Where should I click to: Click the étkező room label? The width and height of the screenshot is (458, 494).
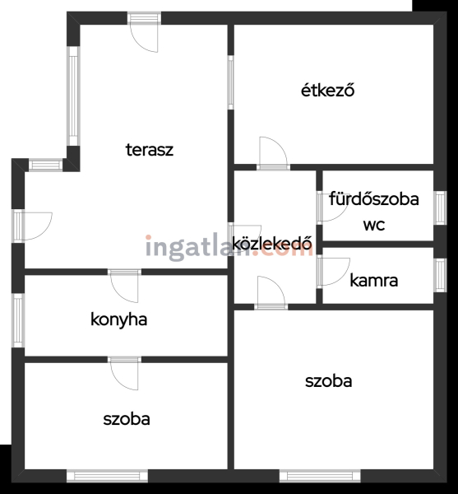pyautogui.click(x=327, y=91)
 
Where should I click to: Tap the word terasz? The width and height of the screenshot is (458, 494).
pyautogui.click(x=150, y=150)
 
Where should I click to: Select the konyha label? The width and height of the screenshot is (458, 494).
pyautogui.click(x=119, y=320)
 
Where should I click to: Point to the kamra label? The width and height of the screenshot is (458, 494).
pyautogui.click(x=373, y=281)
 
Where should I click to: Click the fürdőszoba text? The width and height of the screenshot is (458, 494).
pyautogui.click(x=374, y=199)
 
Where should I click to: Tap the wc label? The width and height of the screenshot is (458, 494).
pyautogui.click(x=374, y=225)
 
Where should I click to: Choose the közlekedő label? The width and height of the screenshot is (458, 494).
pyautogui.click(x=272, y=243)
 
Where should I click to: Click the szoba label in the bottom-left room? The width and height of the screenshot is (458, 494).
pyautogui.click(x=127, y=419)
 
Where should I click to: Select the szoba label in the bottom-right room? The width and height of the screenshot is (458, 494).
pyautogui.click(x=328, y=381)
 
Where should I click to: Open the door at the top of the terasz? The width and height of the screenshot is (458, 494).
pyautogui.click(x=144, y=32)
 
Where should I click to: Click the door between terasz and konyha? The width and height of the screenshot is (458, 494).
pyautogui.click(x=124, y=286)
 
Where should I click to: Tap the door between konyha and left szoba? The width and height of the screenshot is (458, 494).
pyautogui.click(x=124, y=373)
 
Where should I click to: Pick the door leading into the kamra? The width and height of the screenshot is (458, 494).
pyautogui.click(x=333, y=272)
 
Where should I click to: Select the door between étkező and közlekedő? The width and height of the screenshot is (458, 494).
pyautogui.click(x=273, y=153)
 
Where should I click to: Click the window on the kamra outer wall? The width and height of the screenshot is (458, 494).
pyautogui.click(x=440, y=275)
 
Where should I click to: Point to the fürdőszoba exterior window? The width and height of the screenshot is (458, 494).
pyautogui.click(x=440, y=207)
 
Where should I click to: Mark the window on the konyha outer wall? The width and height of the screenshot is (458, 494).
pyautogui.click(x=18, y=320)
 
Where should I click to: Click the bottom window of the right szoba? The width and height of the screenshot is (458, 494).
pyautogui.click(x=320, y=476)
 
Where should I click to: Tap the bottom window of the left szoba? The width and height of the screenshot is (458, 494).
pyautogui.click(x=107, y=476)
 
